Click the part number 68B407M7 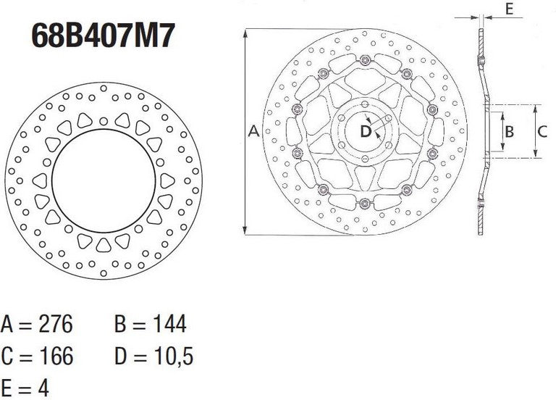click(102, 36)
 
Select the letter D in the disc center click(366, 131)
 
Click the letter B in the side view click(509, 131)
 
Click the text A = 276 click(37, 323)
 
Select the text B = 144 click(150, 323)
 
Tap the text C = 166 click(37, 356)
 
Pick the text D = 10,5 click(153, 356)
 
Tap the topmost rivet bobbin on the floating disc click(364, 59)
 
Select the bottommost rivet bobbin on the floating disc click(364, 203)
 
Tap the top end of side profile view click(482, 30)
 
